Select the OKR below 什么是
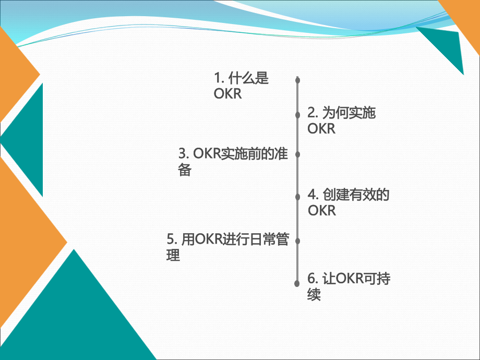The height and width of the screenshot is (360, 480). click(x=228, y=94)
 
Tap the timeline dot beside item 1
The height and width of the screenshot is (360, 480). click(x=297, y=80)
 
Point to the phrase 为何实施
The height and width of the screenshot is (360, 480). click(x=349, y=113)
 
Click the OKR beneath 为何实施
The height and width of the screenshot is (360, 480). click(x=322, y=128)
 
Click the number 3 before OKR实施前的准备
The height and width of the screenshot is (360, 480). click(x=182, y=154)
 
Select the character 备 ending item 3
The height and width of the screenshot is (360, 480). click(x=185, y=170)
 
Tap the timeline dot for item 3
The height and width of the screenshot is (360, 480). click(x=297, y=154)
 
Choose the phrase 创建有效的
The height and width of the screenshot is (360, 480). click(x=356, y=195)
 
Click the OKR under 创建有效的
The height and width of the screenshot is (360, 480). click(x=322, y=211)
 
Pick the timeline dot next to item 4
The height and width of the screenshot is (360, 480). click(x=297, y=197)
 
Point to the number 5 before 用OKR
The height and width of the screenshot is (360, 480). click(x=171, y=239)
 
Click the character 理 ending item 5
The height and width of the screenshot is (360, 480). click(x=173, y=256)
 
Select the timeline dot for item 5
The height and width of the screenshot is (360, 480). click(x=297, y=241)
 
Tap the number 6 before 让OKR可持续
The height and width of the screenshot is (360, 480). click(x=311, y=279)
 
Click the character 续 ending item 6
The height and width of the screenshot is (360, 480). click(x=314, y=295)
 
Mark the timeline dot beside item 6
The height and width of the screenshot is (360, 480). click(x=297, y=282)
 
